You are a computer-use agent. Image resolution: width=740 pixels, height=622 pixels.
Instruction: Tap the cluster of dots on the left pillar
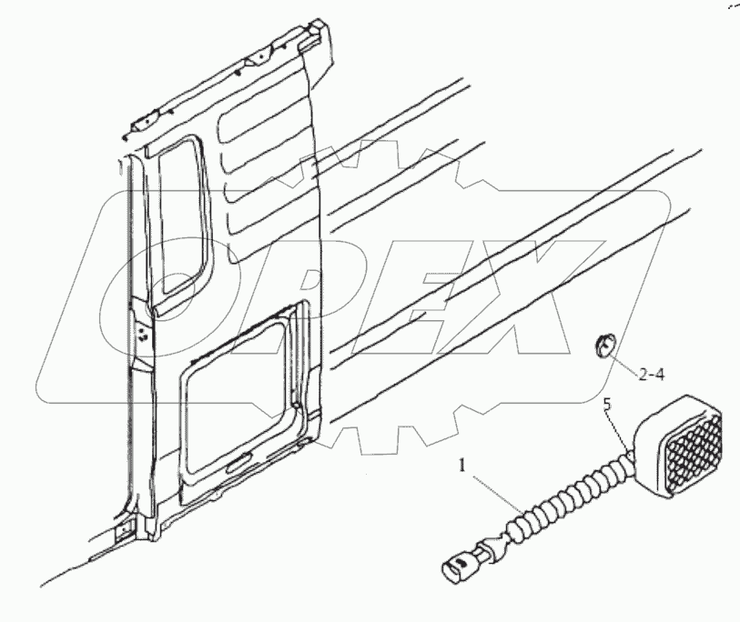pyautogui.click(x=144, y=336)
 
